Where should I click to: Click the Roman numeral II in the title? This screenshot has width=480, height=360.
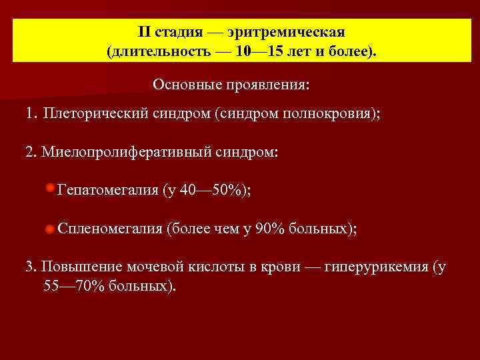145,32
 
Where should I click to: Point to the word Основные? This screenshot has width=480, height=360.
181,85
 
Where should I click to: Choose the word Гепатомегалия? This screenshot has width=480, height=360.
107,191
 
